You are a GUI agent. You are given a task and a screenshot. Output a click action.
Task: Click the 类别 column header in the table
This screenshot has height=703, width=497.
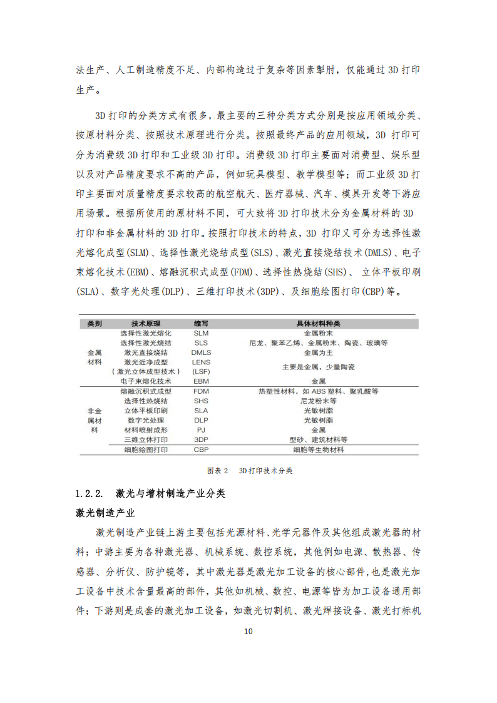point(95,324)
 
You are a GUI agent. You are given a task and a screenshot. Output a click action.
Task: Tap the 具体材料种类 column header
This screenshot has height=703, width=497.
point(318,324)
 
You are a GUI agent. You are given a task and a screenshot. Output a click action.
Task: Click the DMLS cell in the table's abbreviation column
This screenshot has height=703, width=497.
point(201,352)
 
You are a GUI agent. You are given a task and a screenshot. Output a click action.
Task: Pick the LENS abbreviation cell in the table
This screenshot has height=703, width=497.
point(201,362)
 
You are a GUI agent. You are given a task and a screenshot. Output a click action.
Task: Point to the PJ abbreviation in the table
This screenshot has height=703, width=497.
point(201,430)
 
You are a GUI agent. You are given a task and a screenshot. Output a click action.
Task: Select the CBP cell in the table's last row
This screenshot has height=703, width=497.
point(201,449)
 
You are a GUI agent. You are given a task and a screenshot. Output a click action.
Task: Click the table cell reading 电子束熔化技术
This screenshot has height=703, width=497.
point(146,381)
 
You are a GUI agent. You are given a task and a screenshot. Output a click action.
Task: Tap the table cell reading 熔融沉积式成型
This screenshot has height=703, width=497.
point(146,391)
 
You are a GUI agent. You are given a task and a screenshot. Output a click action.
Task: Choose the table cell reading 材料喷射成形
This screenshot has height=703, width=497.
point(146,430)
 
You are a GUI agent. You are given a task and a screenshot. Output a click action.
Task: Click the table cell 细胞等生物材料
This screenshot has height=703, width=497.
point(318,449)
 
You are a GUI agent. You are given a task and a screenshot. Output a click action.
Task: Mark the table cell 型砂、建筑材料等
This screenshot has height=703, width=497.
point(318,439)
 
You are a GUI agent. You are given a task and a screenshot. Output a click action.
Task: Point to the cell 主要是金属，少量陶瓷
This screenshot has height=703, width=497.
point(318,366)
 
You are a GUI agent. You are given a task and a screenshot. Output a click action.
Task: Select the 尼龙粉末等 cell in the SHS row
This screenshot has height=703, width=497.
point(318,401)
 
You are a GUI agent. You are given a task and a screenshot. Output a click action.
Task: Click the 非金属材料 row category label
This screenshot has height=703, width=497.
point(95,420)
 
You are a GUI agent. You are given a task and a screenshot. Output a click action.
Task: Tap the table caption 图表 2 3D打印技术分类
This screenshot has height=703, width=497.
point(249,471)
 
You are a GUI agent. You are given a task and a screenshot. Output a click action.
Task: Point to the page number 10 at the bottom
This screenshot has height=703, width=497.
point(248,631)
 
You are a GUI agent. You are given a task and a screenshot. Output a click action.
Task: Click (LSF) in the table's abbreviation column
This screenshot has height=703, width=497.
point(201,371)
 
